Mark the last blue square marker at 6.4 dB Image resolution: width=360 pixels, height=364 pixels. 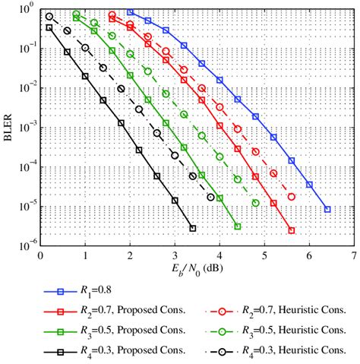pyautogui.click(x=327, y=209)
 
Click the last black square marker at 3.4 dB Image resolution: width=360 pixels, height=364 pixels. pyautogui.click(x=193, y=228)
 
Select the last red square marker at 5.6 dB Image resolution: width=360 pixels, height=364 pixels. pyautogui.click(x=291, y=229)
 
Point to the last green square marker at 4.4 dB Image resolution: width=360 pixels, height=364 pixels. pyautogui.click(x=238, y=226)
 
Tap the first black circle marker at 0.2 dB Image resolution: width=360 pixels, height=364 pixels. pyautogui.click(x=49, y=17)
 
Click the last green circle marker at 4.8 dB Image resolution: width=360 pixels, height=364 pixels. pyautogui.click(x=255, y=203)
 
